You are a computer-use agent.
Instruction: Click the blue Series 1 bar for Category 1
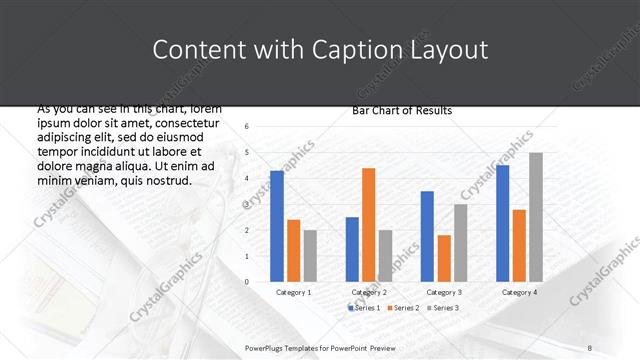click(277, 227)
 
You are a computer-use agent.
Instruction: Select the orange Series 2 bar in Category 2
click(369, 225)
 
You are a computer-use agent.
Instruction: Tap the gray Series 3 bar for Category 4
click(536, 218)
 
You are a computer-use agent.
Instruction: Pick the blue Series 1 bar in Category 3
click(427, 237)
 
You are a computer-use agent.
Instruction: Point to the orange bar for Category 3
click(444, 259)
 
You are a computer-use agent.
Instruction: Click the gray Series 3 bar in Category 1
click(310, 256)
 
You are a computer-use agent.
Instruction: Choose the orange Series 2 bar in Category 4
click(519, 246)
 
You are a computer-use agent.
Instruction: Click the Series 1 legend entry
click(364, 307)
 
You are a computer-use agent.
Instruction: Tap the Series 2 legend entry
click(403, 307)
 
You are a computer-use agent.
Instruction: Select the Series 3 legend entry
click(442, 307)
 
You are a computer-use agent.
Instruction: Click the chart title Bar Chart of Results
click(403, 110)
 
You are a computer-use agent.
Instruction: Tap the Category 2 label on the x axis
click(369, 292)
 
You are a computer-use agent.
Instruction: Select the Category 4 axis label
click(519, 292)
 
